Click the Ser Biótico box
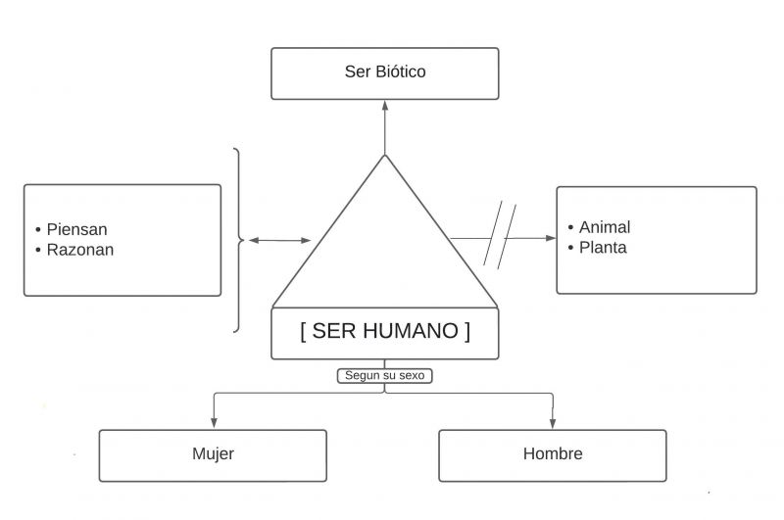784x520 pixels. pyautogui.click(x=384, y=72)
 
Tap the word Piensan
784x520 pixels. pyautogui.click(x=77, y=229)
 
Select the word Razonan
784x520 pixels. pyautogui.click(x=80, y=250)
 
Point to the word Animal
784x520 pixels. pyautogui.click(x=605, y=227)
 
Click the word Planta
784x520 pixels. pyautogui.click(x=603, y=248)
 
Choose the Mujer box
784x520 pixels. pyautogui.click(x=213, y=454)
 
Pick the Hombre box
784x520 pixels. pyautogui.click(x=553, y=454)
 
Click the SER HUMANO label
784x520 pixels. pyautogui.click(x=385, y=331)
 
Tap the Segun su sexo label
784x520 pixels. pyautogui.click(x=385, y=375)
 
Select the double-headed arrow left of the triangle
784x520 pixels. pyautogui.click(x=279, y=240)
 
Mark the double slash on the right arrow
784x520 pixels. pyautogui.click(x=501, y=235)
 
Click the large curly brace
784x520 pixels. pyautogui.click(x=237, y=240)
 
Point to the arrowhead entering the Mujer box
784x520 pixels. pyautogui.click(x=214, y=423)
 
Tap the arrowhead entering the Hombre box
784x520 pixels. pyautogui.click(x=553, y=423)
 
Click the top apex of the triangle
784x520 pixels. pyautogui.click(x=385, y=156)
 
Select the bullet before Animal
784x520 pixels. pyautogui.click(x=570, y=228)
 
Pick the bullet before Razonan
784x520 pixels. pyautogui.click(x=38, y=251)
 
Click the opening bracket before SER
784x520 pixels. pyautogui.click(x=304, y=331)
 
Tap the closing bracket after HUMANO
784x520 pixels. pyautogui.click(x=467, y=331)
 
